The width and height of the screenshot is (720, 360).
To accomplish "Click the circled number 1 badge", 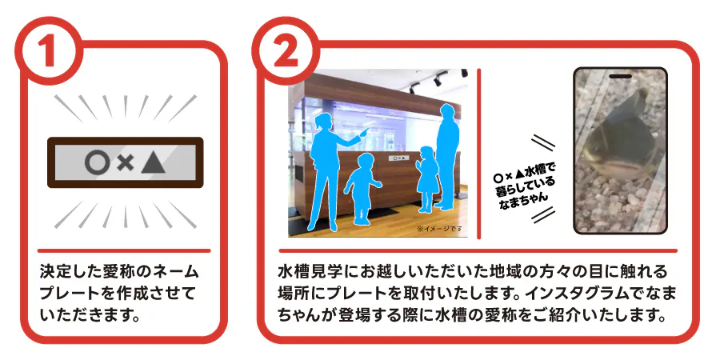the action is coord(49,50).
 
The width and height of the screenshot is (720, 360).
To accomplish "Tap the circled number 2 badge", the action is coord(285,50).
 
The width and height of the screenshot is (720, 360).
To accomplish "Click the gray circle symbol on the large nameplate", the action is coord(98,162).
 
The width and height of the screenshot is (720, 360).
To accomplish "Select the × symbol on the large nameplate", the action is coord(125,163).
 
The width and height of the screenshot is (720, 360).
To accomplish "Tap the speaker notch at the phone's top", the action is coord(620,76).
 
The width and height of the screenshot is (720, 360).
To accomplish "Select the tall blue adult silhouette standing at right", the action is coord(446,157).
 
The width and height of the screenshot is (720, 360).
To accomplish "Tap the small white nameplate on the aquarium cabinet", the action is coord(399,158).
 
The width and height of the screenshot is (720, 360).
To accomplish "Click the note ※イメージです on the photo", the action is coord(439,228).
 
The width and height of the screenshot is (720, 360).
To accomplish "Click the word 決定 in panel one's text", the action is coord(51,271).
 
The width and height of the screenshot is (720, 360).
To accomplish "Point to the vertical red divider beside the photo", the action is coord(478,154).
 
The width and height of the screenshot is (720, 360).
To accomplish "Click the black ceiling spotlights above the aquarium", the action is coord(438,80).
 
